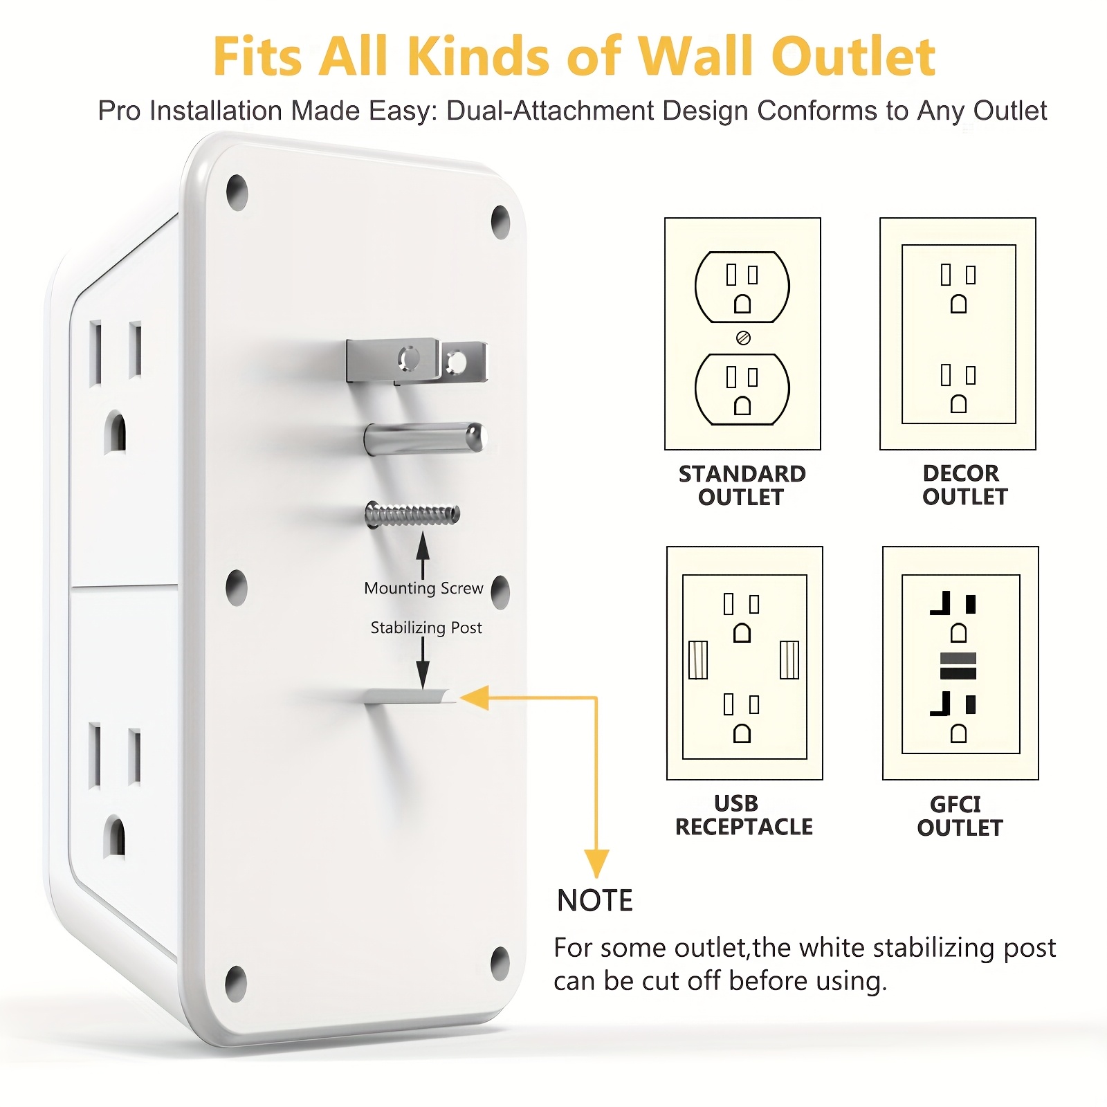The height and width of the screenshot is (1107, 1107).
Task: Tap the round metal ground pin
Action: click(423, 439)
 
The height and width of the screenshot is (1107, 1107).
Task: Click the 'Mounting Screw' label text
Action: click(423, 588)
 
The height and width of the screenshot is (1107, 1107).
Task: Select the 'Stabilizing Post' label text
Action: click(426, 628)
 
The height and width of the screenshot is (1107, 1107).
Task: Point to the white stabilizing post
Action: click(408, 697)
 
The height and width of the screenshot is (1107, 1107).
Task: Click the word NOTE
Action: click(595, 901)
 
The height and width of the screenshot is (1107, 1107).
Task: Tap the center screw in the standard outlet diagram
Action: click(743, 338)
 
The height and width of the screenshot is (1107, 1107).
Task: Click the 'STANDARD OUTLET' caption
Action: click(742, 485)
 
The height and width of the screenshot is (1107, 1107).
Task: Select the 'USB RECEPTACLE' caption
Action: click(744, 815)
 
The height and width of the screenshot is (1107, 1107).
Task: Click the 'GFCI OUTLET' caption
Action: click(960, 816)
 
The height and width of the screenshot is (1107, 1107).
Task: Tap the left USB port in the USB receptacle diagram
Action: click(698, 660)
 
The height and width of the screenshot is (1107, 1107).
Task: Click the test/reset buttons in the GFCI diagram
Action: click(958, 666)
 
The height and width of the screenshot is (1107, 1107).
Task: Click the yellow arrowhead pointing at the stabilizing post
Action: click(476, 697)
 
